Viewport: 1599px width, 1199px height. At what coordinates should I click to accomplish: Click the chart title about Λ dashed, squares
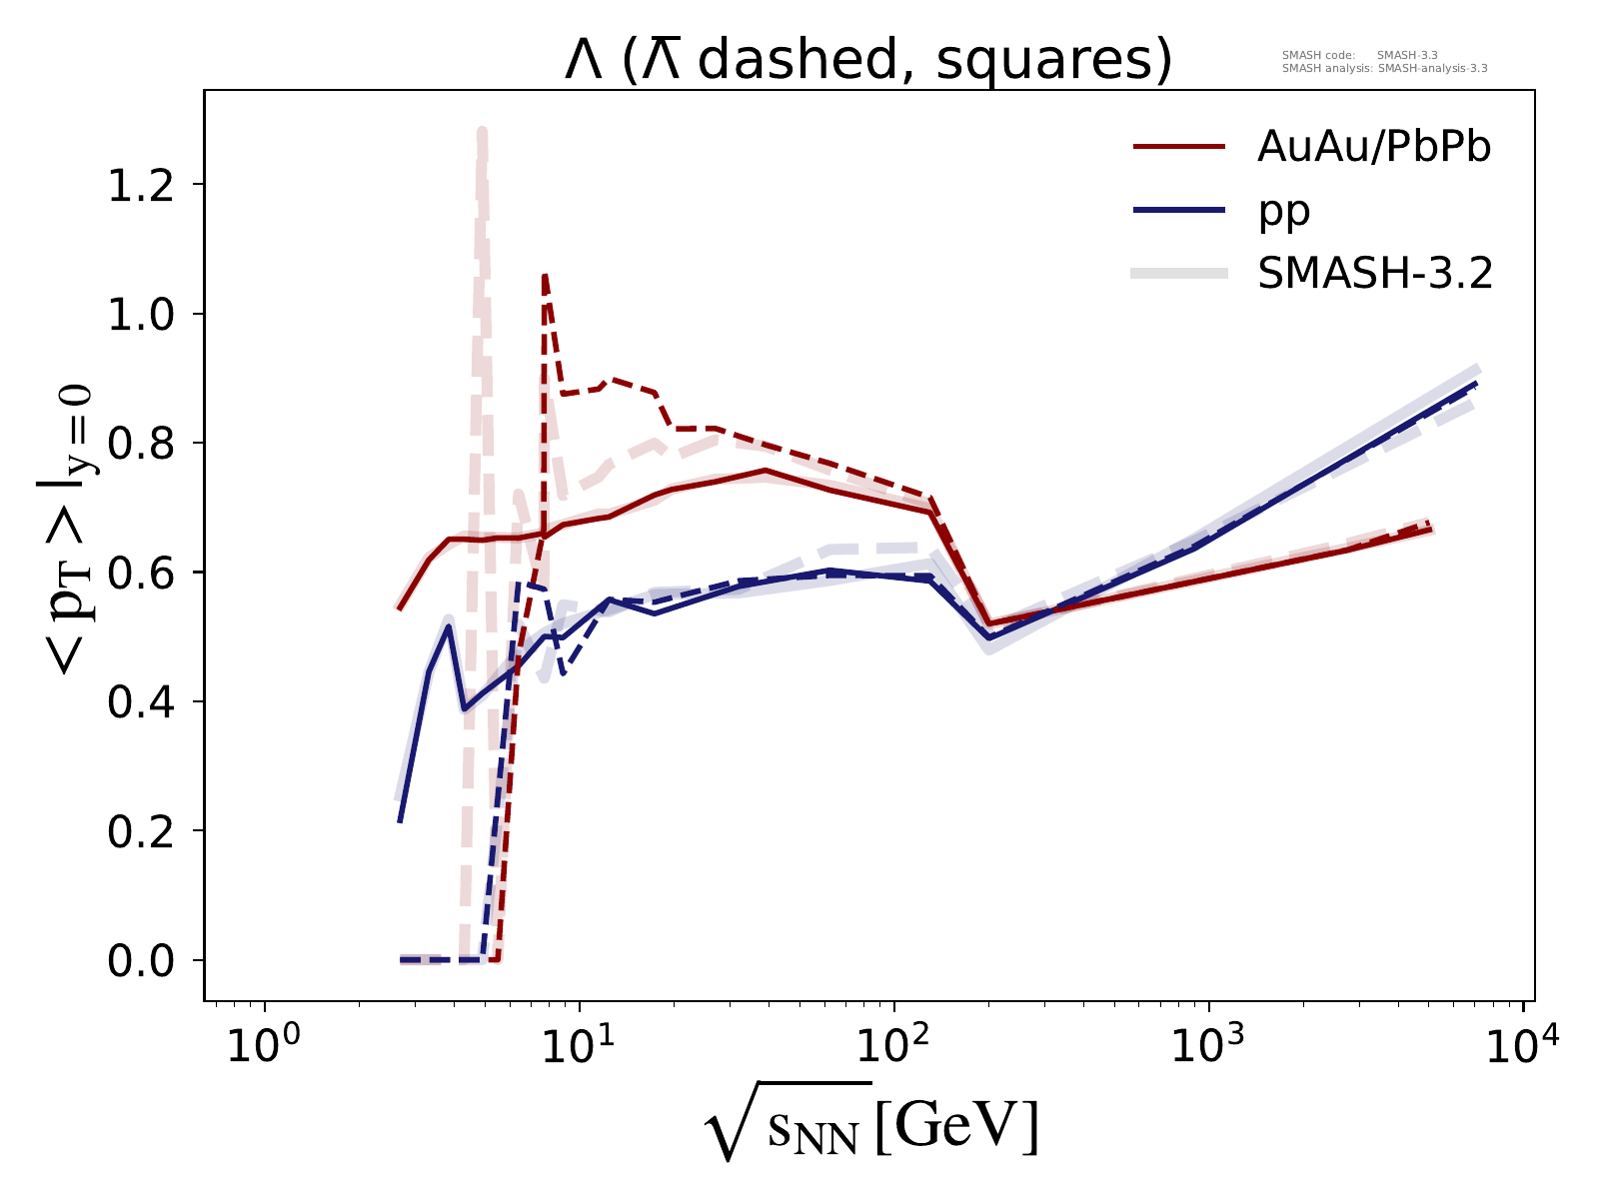[x=867, y=62]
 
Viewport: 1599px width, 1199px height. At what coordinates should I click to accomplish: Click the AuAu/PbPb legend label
[x=1374, y=148]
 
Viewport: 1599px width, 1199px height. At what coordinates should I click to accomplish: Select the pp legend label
[x=1283, y=211]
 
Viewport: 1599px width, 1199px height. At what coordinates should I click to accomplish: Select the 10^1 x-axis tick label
[x=581, y=1045]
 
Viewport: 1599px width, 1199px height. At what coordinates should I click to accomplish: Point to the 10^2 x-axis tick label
[x=895, y=1045]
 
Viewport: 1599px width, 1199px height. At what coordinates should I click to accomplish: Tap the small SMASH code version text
[x=1359, y=55]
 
